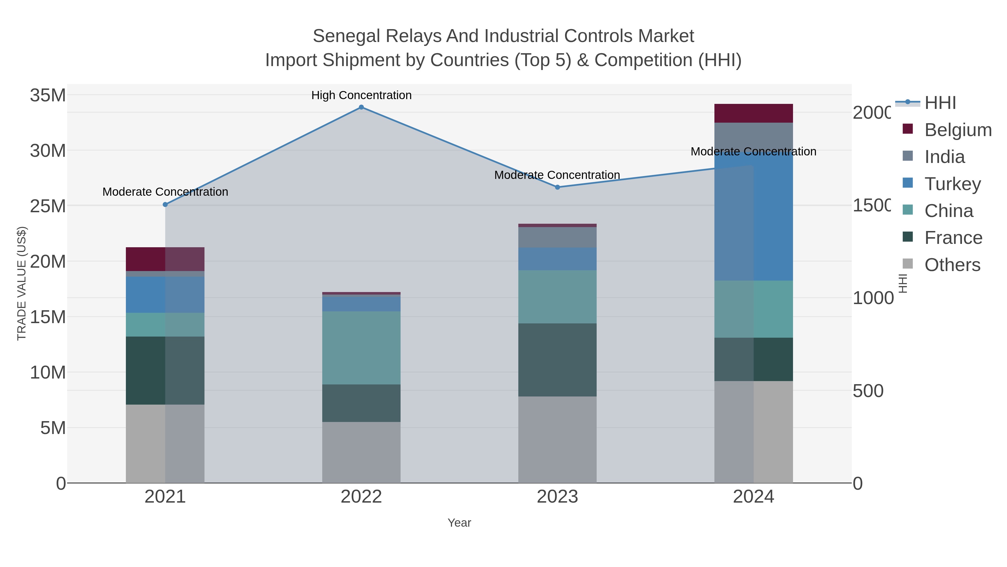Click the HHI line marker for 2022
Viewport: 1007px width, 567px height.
coord(361,107)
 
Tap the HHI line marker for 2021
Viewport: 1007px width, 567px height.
coord(165,205)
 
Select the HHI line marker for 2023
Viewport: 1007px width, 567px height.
coord(557,187)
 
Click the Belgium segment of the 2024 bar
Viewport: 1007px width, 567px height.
coord(753,113)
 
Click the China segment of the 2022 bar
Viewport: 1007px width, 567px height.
coord(361,348)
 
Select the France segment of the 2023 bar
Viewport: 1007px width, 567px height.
coord(557,360)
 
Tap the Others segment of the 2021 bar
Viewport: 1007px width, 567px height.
coord(165,444)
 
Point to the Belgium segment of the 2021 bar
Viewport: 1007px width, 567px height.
coord(165,259)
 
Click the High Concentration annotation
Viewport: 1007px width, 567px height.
coord(361,95)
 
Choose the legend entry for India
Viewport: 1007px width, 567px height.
coord(944,157)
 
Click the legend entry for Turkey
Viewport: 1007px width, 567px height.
coord(952,184)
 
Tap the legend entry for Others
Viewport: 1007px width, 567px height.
coord(952,265)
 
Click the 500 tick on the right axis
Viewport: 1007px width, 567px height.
coord(868,391)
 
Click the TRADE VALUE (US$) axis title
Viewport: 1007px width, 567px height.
coord(22,283)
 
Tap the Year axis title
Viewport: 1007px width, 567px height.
coord(459,523)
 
